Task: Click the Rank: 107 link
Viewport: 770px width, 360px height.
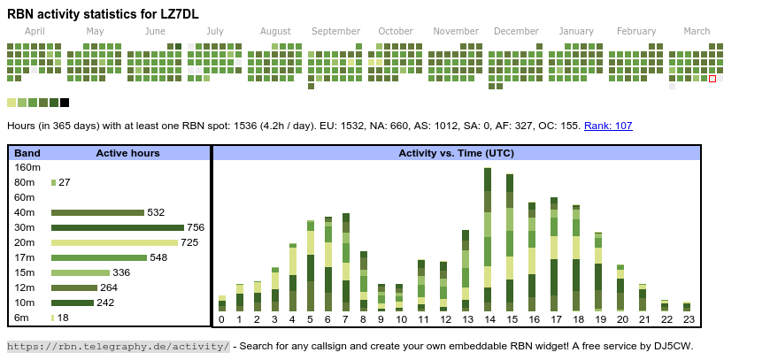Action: point(608,126)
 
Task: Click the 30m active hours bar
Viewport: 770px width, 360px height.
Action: point(118,227)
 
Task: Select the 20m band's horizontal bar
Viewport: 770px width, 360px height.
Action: point(115,242)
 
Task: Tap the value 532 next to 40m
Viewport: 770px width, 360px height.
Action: point(156,212)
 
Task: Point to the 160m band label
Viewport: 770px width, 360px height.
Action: point(27,167)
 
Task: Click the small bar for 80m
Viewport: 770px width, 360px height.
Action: point(53,182)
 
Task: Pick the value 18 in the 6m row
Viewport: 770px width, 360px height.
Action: point(63,318)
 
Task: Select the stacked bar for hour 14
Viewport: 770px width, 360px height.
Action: point(488,240)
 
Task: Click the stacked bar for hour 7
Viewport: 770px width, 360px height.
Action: point(345,262)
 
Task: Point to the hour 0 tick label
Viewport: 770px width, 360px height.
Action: point(221,319)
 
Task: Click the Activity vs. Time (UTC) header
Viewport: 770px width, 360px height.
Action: point(456,153)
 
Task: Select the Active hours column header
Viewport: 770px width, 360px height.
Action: point(127,153)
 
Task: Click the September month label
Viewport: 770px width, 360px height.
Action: point(335,31)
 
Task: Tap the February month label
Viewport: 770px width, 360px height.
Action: point(636,31)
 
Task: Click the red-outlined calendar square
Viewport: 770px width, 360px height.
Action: point(712,79)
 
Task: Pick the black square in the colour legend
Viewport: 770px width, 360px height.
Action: point(65,103)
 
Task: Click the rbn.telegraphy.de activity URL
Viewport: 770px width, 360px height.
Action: point(119,346)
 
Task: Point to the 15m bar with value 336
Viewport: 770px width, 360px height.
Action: point(81,272)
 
